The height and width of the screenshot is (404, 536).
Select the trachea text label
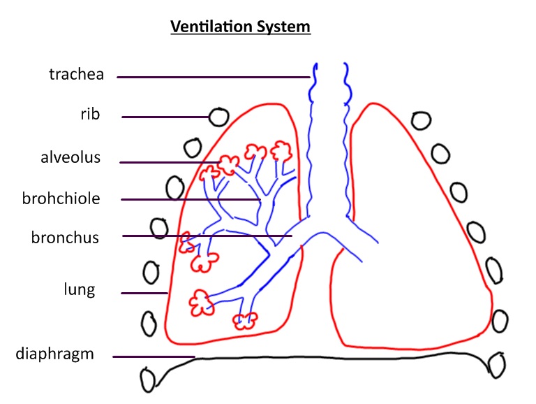[76, 74]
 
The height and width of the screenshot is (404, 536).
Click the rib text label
[90, 114]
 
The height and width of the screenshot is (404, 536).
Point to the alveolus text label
[70, 157]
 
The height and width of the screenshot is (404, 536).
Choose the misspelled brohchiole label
[61, 199]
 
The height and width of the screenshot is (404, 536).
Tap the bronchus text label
[65, 238]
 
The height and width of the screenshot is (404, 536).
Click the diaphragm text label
[54, 354]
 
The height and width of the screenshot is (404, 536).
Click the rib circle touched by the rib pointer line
[220, 117]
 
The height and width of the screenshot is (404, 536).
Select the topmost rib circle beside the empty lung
[421, 120]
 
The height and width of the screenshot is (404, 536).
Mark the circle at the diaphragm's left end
[148, 381]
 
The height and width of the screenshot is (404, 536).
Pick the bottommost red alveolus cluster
[245, 321]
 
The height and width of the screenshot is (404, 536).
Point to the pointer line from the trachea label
[213, 77]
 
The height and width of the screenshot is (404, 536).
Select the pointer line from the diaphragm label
[154, 357]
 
